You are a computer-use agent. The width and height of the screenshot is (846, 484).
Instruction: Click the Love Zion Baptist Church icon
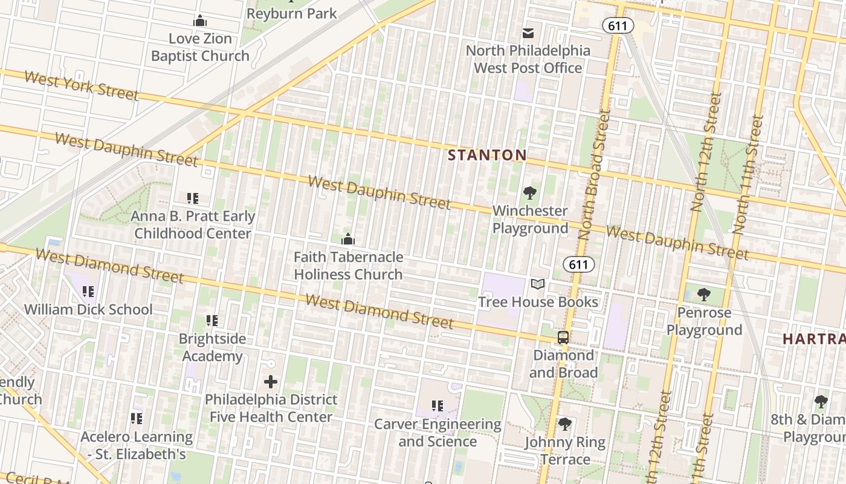coord(200,21)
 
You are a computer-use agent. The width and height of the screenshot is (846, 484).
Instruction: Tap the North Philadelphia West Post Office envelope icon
coord(528,33)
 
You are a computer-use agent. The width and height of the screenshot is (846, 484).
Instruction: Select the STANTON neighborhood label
coord(487,155)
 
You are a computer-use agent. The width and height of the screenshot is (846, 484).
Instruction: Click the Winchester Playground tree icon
coord(530,194)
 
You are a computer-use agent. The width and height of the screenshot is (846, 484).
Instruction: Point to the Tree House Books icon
coord(538,284)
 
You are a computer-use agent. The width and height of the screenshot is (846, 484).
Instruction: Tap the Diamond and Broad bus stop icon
coord(563,338)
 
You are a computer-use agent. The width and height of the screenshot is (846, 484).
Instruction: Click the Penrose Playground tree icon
coord(703,295)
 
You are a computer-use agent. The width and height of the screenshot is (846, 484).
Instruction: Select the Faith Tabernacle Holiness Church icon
coord(348,240)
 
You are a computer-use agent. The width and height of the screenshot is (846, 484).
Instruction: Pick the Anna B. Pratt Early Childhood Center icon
coord(193,198)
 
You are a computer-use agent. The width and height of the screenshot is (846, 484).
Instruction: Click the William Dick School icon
coord(88,292)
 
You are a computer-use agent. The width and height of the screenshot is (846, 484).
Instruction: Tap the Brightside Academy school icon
coord(211,321)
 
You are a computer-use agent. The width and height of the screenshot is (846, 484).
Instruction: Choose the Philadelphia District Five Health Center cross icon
coord(271,382)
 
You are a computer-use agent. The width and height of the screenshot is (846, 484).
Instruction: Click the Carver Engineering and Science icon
coord(438,406)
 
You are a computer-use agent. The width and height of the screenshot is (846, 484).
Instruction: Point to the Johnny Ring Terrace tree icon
coord(564,424)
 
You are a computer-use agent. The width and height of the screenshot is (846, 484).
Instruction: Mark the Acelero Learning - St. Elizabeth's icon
coord(137,418)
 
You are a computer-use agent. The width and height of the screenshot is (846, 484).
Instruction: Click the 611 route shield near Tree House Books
coord(578,264)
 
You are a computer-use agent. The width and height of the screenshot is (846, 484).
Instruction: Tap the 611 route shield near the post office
coord(618,25)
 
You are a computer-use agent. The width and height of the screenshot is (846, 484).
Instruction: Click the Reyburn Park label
coord(292,13)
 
